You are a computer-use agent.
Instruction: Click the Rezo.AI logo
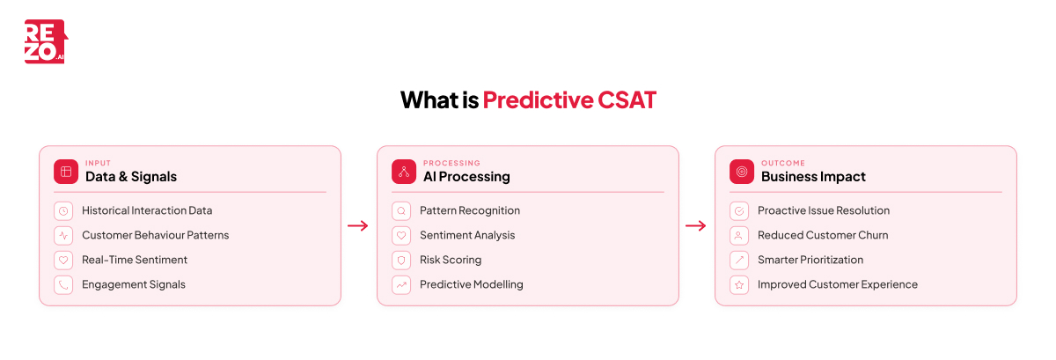coord(45,41)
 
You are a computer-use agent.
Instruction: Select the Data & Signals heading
coord(130,176)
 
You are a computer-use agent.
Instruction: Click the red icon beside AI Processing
coord(404,172)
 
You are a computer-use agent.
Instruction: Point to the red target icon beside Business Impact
coord(742,172)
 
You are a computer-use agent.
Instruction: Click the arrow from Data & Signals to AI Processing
coord(358,225)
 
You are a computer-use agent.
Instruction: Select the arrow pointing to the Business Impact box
coord(696,225)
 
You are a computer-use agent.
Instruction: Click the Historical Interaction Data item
coord(147,210)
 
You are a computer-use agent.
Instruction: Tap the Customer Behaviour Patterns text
coord(155,235)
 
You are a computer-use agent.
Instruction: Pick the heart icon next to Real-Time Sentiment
coord(63,260)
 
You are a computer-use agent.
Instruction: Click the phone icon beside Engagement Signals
coord(63,284)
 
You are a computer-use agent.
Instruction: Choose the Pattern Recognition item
coord(469,210)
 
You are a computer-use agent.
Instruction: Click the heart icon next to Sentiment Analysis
coord(401,235)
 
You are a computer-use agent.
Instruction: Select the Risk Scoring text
coord(451,260)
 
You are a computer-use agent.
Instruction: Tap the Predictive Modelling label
coord(471,284)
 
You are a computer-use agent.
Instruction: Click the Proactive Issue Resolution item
coord(823,210)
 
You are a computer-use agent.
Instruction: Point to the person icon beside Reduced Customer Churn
coord(739,235)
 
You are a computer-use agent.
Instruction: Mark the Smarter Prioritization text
coord(810,260)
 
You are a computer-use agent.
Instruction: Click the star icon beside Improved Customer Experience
coord(739,284)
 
